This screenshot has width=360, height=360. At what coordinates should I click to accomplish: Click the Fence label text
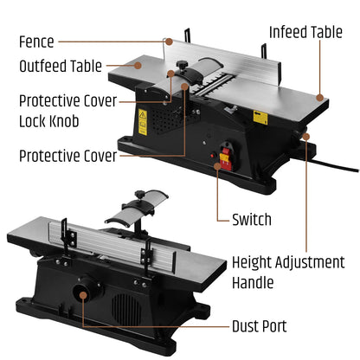(x=36, y=42)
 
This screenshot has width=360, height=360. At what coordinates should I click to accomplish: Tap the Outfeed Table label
(x=61, y=66)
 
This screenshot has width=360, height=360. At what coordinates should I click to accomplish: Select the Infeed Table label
(x=305, y=32)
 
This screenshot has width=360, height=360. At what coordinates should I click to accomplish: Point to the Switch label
(x=252, y=220)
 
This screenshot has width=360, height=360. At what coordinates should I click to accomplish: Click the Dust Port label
(x=260, y=326)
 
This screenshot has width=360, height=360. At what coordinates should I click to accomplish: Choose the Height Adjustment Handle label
(x=288, y=273)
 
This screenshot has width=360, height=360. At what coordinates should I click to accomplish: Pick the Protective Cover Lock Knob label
(x=67, y=111)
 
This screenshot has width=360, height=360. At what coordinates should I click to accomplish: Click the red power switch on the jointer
(x=226, y=158)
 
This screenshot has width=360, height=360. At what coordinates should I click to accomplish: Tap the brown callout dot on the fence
(x=170, y=42)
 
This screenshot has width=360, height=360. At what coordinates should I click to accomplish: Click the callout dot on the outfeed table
(x=138, y=66)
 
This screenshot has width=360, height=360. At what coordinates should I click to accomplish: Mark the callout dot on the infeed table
(x=319, y=98)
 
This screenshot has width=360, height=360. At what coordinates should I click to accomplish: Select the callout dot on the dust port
(x=83, y=295)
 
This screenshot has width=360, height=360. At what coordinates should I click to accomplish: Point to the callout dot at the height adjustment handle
(x=306, y=137)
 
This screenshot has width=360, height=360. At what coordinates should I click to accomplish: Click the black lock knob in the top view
(x=182, y=65)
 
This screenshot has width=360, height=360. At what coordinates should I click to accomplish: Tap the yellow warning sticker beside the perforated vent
(x=143, y=122)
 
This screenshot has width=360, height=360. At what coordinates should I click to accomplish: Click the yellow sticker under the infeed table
(x=260, y=118)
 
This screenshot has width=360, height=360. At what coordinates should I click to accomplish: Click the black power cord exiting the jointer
(x=332, y=165)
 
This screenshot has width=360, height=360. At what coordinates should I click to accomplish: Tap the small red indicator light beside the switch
(x=213, y=156)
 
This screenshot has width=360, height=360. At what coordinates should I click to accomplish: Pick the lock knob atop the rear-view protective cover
(x=139, y=194)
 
